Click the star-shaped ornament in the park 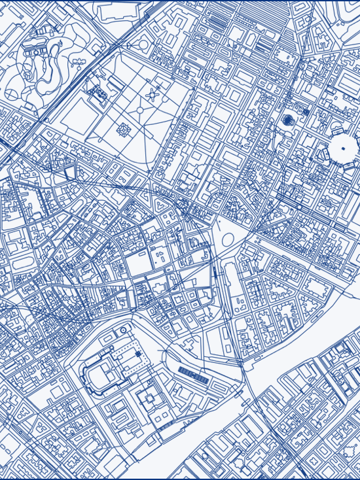[x=153, y=95]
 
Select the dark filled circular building [x=288, y=120]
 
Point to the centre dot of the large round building [x=341, y=149]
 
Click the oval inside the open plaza [x=228, y=240]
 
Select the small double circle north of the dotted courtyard [x=122, y=332]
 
